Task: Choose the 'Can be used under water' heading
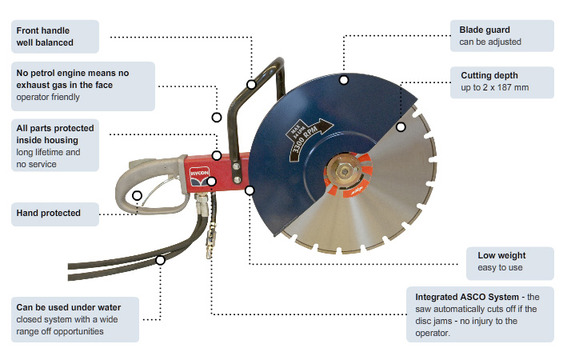(x=70, y=306)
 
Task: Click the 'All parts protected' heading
(x=55, y=128)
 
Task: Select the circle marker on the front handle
(x=251, y=83)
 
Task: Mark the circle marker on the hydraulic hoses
(x=160, y=260)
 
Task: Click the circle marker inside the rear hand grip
(x=138, y=195)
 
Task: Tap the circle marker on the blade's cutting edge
(x=401, y=126)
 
